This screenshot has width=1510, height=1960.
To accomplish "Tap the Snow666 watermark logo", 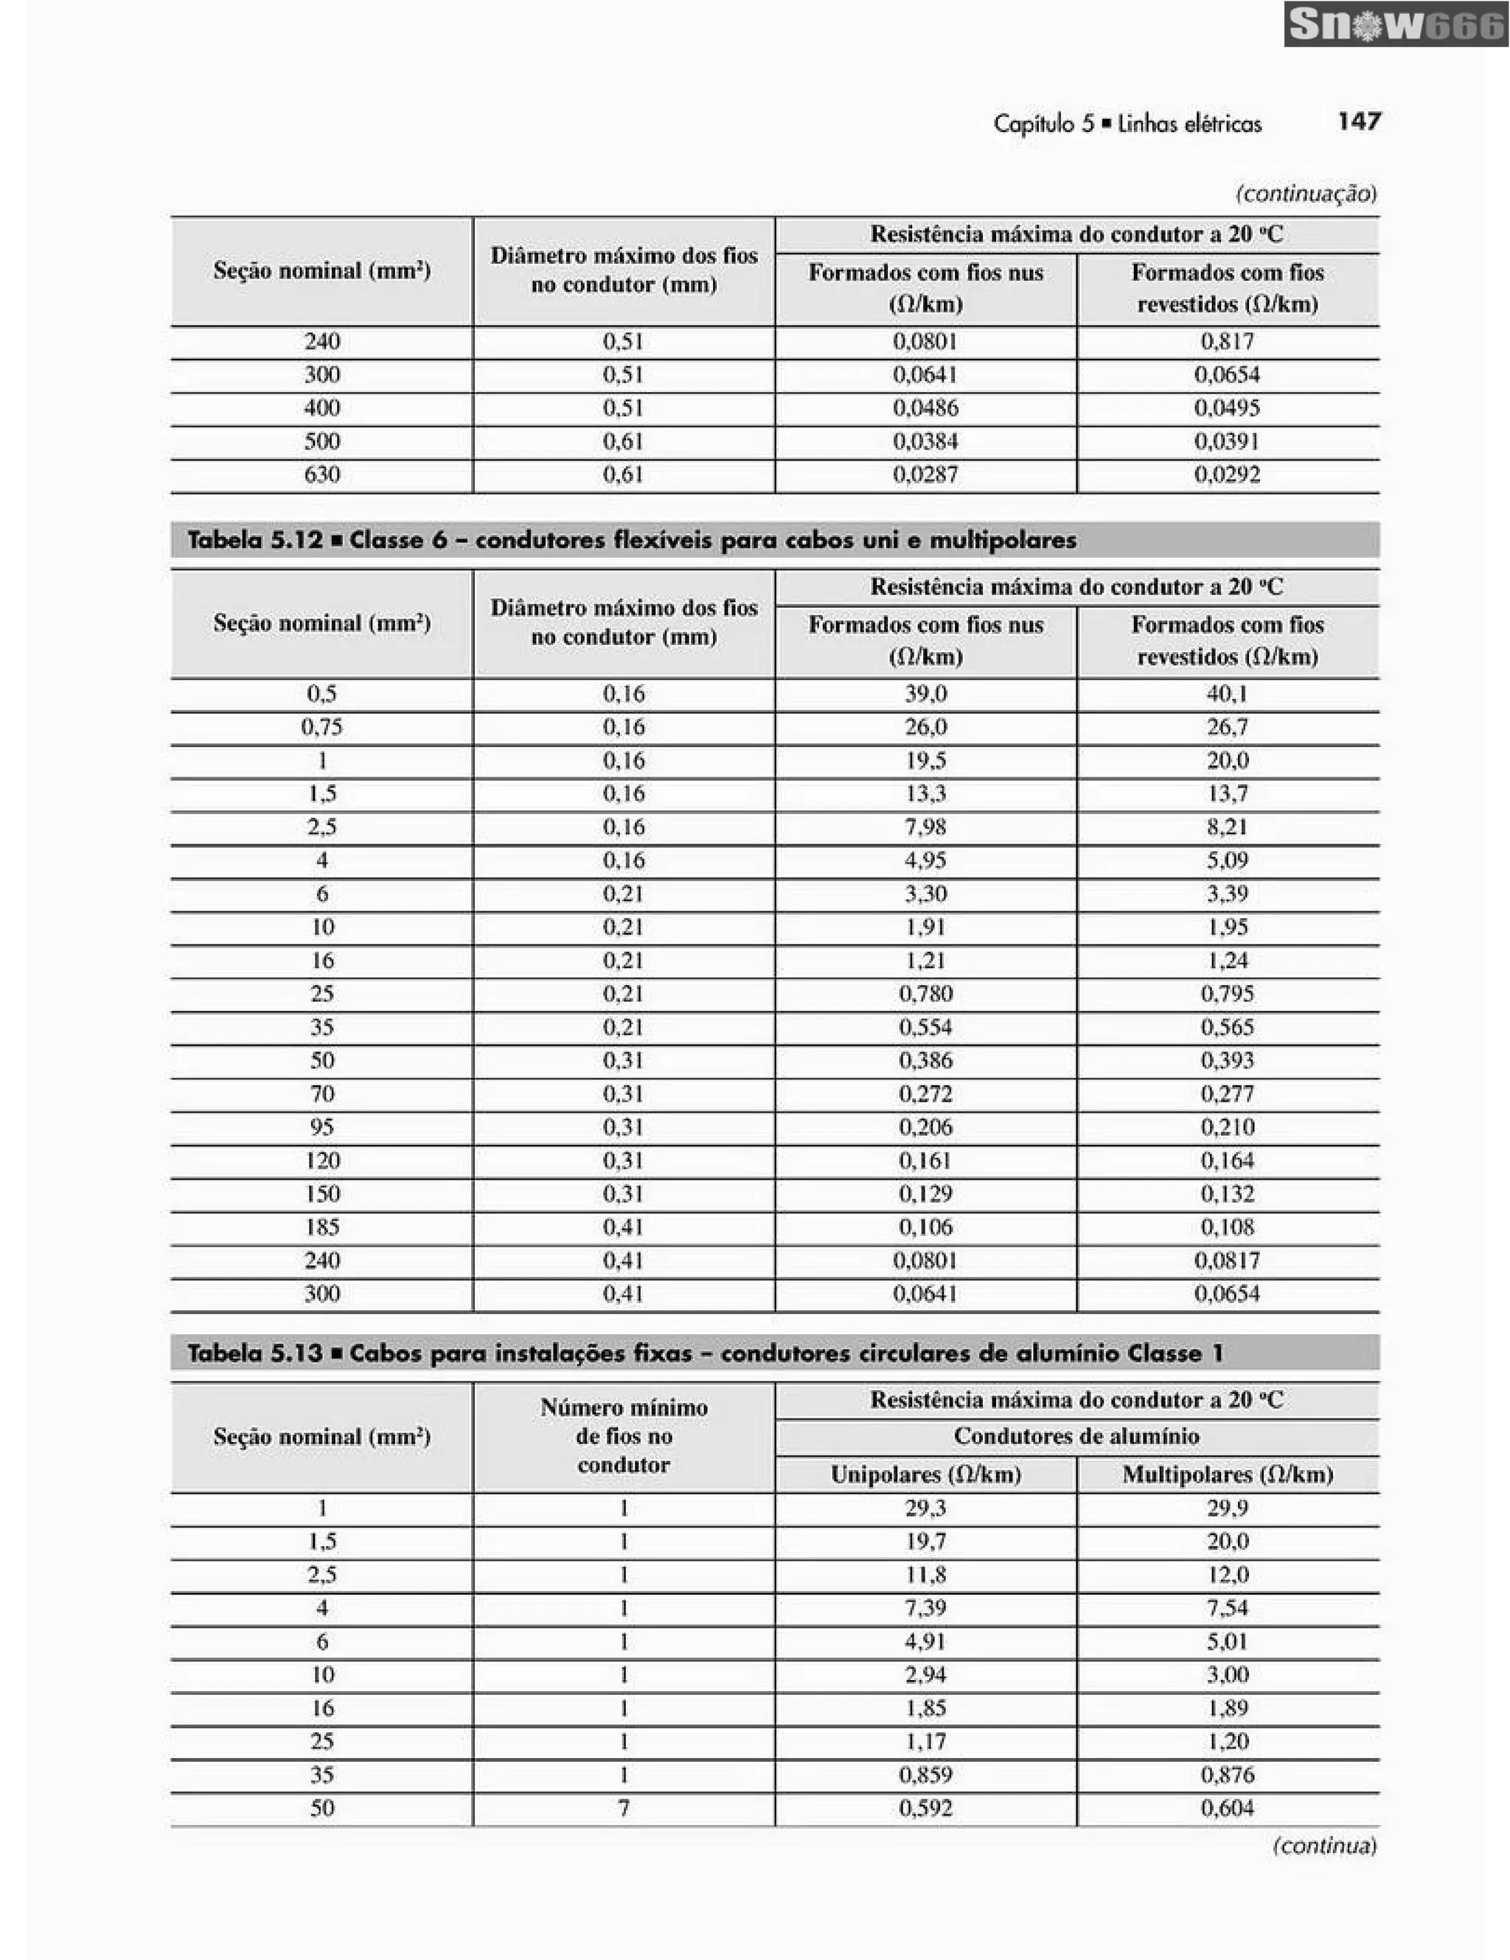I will [1395, 24].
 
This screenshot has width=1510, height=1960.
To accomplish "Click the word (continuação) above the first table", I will [1307, 193].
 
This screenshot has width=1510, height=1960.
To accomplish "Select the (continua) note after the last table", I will [1324, 1846].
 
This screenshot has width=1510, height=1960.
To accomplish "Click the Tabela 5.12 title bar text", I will [631, 540].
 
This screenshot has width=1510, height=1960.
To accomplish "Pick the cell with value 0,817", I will [1227, 342].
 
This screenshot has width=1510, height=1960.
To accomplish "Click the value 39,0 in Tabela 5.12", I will [925, 693].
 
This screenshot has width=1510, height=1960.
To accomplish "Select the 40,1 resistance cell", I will [1227, 693].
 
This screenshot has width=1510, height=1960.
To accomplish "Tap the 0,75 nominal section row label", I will [321, 727].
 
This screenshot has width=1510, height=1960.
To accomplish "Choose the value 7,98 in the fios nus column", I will [925, 827].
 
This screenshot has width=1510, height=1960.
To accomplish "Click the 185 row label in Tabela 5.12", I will [321, 1227].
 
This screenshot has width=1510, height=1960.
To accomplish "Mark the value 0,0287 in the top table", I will [925, 475].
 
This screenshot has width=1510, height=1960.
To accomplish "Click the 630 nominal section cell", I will [321, 475].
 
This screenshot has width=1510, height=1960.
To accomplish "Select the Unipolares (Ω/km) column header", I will [925, 1474].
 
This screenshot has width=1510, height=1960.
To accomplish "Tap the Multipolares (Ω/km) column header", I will [1227, 1474].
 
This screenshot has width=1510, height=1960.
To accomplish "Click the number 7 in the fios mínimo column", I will [624, 1808].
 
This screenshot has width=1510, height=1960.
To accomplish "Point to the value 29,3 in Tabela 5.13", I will [925, 1508].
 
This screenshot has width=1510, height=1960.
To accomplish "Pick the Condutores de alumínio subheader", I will [1076, 1436].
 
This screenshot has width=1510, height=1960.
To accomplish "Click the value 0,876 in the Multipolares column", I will [1227, 1774].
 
